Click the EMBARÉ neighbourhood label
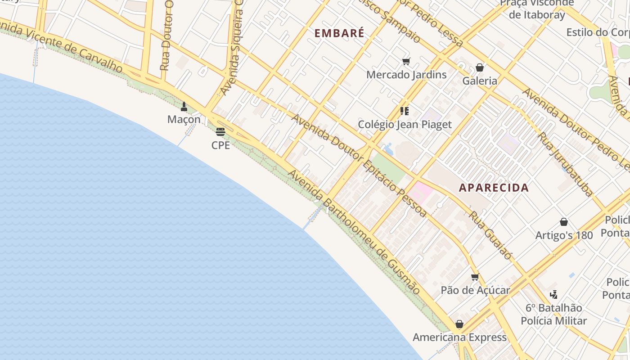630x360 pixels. point(339,33)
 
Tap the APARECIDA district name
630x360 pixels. point(494,188)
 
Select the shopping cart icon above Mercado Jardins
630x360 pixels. point(406,61)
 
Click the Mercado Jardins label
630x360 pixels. point(406,75)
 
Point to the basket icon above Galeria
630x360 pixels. point(480,67)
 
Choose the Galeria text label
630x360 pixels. point(480,81)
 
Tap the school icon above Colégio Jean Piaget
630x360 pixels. point(405,111)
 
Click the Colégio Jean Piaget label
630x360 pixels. point(405,124)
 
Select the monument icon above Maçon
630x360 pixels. point(184,107)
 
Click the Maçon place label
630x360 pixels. point(184,120)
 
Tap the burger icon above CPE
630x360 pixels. point(220,132)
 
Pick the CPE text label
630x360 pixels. point(220,145)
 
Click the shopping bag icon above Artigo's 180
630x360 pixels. point(564,222)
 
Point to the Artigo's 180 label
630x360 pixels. point(564,235)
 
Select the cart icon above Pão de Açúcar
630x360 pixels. point(475,277)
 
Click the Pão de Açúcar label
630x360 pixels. point(475,290)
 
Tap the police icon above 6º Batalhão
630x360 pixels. point(553,295)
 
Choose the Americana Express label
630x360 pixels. point(459,337)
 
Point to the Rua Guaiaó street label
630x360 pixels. point(490,235)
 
